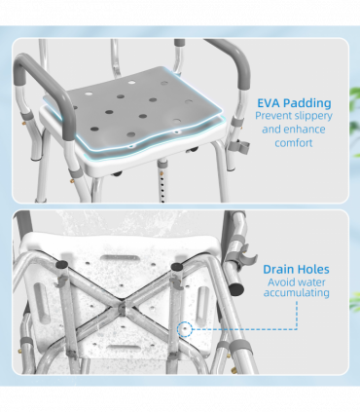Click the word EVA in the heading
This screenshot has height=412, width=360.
coord(269,101)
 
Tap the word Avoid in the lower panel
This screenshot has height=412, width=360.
coord(281,282)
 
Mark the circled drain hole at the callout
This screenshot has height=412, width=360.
coord(184,329)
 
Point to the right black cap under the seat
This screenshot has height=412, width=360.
coord(177,264)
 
